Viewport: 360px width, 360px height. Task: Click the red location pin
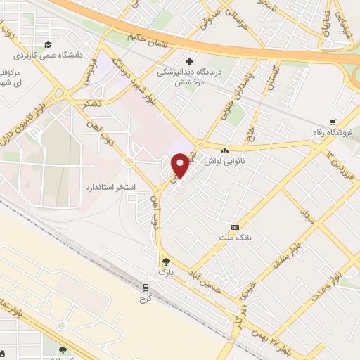click(x=181, y=165)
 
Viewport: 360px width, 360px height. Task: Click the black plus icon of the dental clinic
click(x=188, y=62)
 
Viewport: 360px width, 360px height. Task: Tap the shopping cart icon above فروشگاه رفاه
click(x=332, y=121)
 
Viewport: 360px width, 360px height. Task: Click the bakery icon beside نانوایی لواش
click(x=225, y=151)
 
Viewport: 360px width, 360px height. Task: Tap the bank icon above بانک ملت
click(x=235, y=227)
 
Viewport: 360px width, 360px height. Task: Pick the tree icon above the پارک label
click(x=165, y=261)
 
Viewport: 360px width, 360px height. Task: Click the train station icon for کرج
click(x=146, y=288)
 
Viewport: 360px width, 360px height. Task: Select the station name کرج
click(x=146, y=298)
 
